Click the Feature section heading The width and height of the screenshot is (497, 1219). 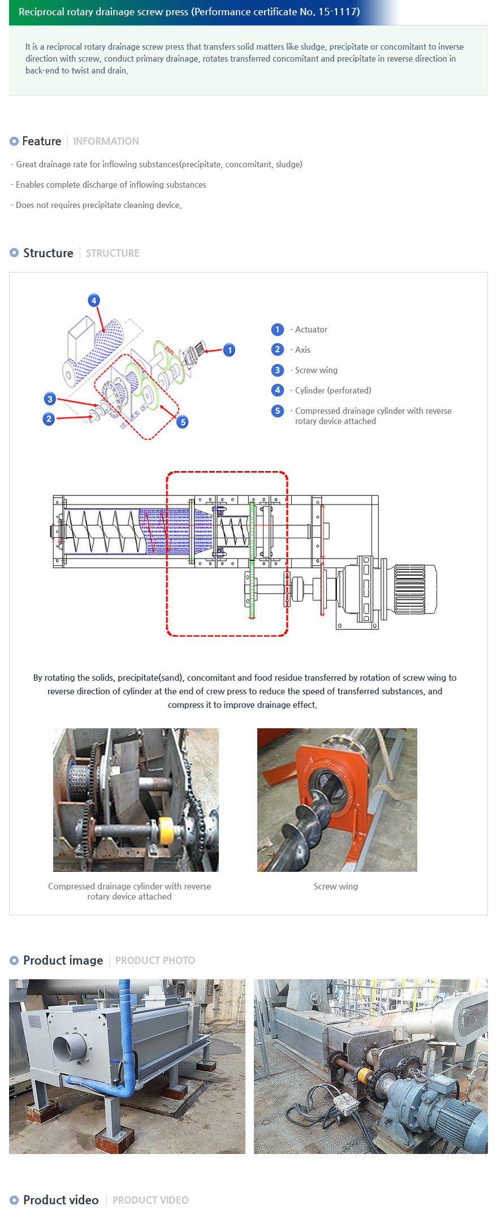coord(41,141)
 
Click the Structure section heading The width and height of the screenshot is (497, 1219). coord(48,253)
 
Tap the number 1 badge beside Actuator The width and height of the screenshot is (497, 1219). coord(278,330)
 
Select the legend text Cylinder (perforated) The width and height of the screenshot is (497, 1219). coord(332,391)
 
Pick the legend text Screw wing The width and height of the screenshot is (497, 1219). coord(316,370)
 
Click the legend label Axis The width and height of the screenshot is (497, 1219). coord(302,350)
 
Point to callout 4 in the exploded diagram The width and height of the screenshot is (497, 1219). coord(94,300)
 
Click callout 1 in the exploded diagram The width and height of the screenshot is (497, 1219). coord(229,350)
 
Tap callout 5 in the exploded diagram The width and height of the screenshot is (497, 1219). coord(182,422)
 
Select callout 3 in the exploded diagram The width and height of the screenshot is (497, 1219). coord(50,399)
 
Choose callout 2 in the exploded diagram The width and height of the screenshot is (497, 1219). coord(49,419)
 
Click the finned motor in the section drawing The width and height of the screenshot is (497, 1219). coord(415,589)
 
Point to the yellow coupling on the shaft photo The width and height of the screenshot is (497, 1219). coord(166,830)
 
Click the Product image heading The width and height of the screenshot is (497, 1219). coord(63,961)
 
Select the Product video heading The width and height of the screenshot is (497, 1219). coord(60,1200)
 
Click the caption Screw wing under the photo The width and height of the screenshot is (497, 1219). coord(336,887)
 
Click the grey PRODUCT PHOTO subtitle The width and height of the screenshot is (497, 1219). coord(155,961)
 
